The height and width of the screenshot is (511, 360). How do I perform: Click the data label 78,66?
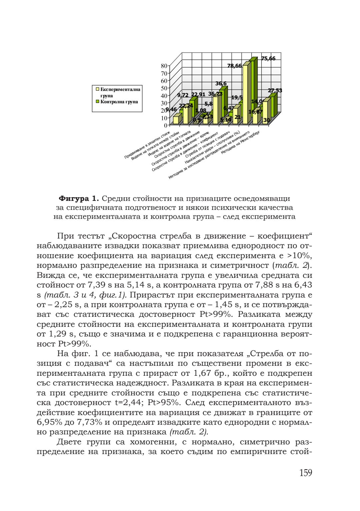point(234,66)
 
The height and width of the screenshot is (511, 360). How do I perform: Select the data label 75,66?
point(268,59)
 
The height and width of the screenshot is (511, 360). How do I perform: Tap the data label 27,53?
point(275,91)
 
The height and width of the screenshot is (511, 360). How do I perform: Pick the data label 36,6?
point(221,84)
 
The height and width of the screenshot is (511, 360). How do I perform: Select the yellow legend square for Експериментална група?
point(98,89)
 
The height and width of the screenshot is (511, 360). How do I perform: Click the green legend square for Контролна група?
point(98,102)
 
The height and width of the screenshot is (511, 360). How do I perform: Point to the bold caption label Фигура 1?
point(79,199)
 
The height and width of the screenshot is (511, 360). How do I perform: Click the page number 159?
point(305,473)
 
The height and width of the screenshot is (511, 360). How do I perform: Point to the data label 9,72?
point(183,95)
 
